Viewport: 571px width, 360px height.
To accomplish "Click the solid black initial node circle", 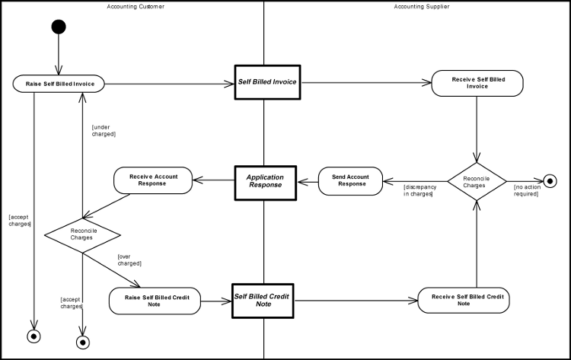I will (x=58, y=27).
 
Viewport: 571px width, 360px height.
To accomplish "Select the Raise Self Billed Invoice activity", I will (x=58, y=83).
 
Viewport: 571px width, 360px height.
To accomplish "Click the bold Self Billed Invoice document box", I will (x=267, y=82).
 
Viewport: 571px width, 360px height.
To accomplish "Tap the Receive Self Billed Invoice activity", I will (x=477, y=83).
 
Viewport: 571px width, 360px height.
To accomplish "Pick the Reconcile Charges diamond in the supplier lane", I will (x=476, y=181).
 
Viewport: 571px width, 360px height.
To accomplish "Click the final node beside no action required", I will (x=550, y=181).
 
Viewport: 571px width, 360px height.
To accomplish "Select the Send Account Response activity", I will (x=351, y=180).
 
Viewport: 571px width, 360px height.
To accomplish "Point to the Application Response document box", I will (x=264, y=180).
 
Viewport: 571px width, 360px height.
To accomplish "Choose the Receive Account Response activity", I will (x=153, y=180).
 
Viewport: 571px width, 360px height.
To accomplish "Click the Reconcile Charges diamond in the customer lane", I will (x=82, y=234).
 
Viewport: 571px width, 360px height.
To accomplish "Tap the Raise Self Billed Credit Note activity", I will (x=155, y=301).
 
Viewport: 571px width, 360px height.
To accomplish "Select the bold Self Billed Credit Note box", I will (x=263, y=300).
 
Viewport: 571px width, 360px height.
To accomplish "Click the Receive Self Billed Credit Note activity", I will (x=464, y=300).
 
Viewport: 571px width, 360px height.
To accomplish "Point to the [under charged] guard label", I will (x=104, y=130).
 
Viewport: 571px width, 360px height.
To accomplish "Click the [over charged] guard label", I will (x=129, y=260).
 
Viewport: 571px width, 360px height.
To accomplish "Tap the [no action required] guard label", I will (x=526, y=190).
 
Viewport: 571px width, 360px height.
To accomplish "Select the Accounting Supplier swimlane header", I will (x=421, y=6).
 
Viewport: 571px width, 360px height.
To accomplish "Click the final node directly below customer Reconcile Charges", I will (x=83, y=342).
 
